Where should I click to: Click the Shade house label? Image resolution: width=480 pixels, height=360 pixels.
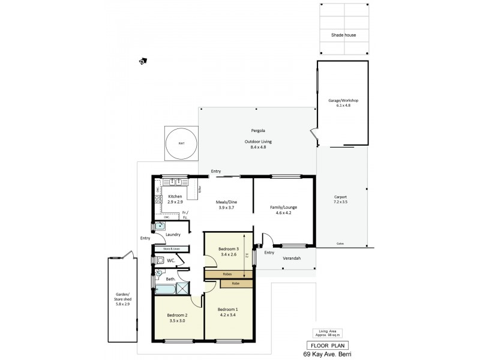pos(344,35)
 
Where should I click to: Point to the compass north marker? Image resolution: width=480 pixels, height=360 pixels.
pos(142,61)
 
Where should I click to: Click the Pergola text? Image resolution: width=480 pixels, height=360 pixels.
pos(258,130)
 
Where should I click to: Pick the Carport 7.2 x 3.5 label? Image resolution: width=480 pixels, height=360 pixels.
pos(340,200)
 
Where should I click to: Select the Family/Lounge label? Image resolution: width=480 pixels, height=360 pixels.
pos(283,210)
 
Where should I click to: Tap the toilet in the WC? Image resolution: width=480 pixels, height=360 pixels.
pos(159,260)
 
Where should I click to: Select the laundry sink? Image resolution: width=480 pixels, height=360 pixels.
pos(160,227)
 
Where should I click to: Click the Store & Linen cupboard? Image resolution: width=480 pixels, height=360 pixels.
pos(172,248)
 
